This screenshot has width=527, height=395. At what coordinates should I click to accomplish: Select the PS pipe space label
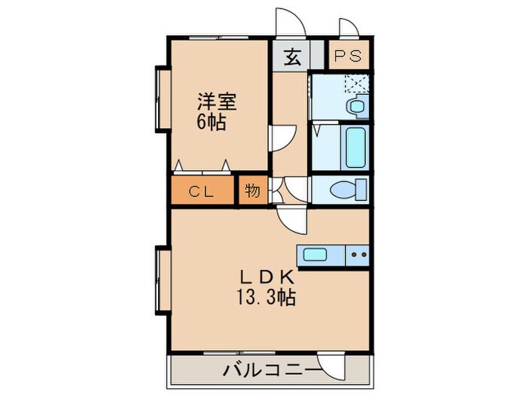point(348,57)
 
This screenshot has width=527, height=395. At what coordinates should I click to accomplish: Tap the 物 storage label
point(252,191)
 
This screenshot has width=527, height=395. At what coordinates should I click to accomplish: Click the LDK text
point(263,276)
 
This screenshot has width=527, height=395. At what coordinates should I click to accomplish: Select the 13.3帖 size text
point(263,297)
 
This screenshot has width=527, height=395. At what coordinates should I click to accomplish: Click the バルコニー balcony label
point(270,370)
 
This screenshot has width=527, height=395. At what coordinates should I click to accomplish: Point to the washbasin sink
point(355,106)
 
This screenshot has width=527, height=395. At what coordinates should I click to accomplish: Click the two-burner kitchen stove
point(358,255)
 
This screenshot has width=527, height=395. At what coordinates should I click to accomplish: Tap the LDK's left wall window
point(160,279)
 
